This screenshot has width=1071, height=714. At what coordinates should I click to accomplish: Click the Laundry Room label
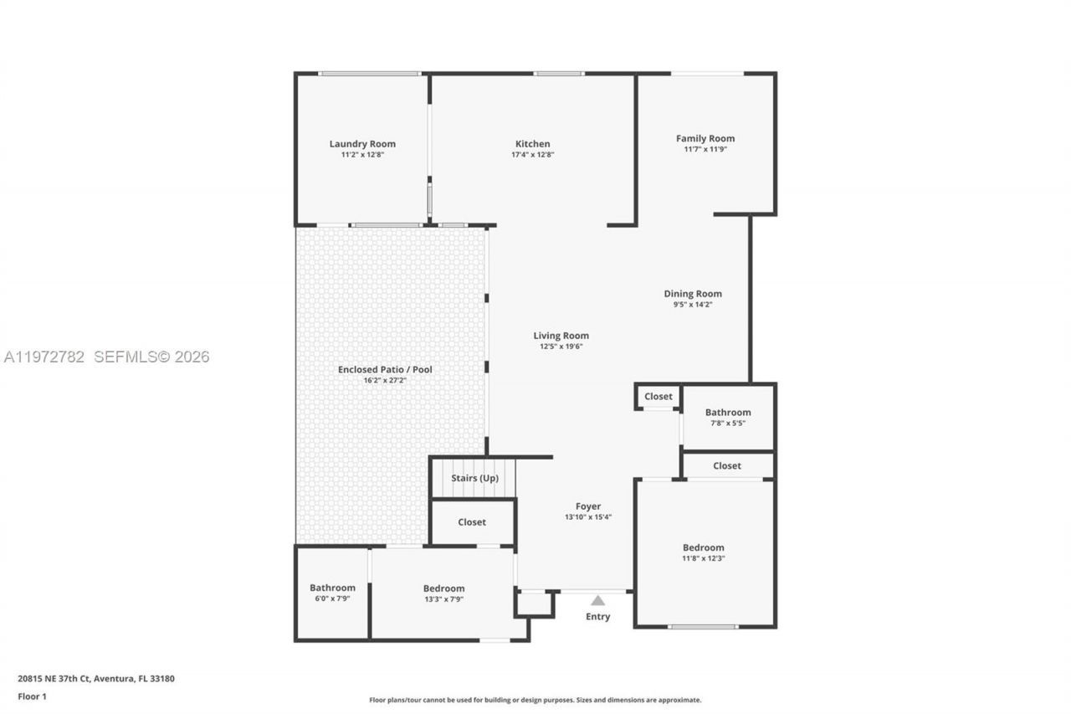click(x=362, y=144)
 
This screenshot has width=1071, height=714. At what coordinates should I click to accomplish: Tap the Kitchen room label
click(x=532, y=144)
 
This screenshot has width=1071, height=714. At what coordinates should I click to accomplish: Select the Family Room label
click(x=705, y=139)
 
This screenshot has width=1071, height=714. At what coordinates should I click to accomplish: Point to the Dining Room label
click(x=693, y=294)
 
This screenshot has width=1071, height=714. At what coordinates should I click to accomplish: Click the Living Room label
click(x=561, y=336)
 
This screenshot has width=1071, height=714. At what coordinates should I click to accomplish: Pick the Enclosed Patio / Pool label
click(x=385, y=369)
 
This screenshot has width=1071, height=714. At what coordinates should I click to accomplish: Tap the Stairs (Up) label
click(x=474, y=478)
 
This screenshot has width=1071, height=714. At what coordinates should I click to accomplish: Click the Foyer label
click(x=588, y=506)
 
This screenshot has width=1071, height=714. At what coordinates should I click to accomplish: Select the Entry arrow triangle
click(x=597, y=600)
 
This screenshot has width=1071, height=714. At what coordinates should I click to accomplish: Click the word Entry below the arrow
click(x=597, y=617)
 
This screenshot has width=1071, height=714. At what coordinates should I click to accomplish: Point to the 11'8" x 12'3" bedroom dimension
click(x=704, y=558)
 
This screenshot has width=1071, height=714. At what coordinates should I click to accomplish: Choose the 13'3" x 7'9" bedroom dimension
click(x=443, y=599)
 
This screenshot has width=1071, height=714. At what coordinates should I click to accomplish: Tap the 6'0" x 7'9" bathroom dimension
click(x=332, y=598)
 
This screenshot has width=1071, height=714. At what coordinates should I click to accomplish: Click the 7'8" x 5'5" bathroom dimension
click(x=727, y=424)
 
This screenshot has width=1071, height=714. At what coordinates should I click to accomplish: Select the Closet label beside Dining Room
click(x=658, y=396)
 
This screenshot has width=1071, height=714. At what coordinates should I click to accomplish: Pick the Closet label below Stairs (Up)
click(x=472, y=522)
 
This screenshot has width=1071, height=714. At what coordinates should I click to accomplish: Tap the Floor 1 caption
click(x=32, y=696)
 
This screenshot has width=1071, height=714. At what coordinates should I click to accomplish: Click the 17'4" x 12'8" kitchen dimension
click(x=532, y=155)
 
